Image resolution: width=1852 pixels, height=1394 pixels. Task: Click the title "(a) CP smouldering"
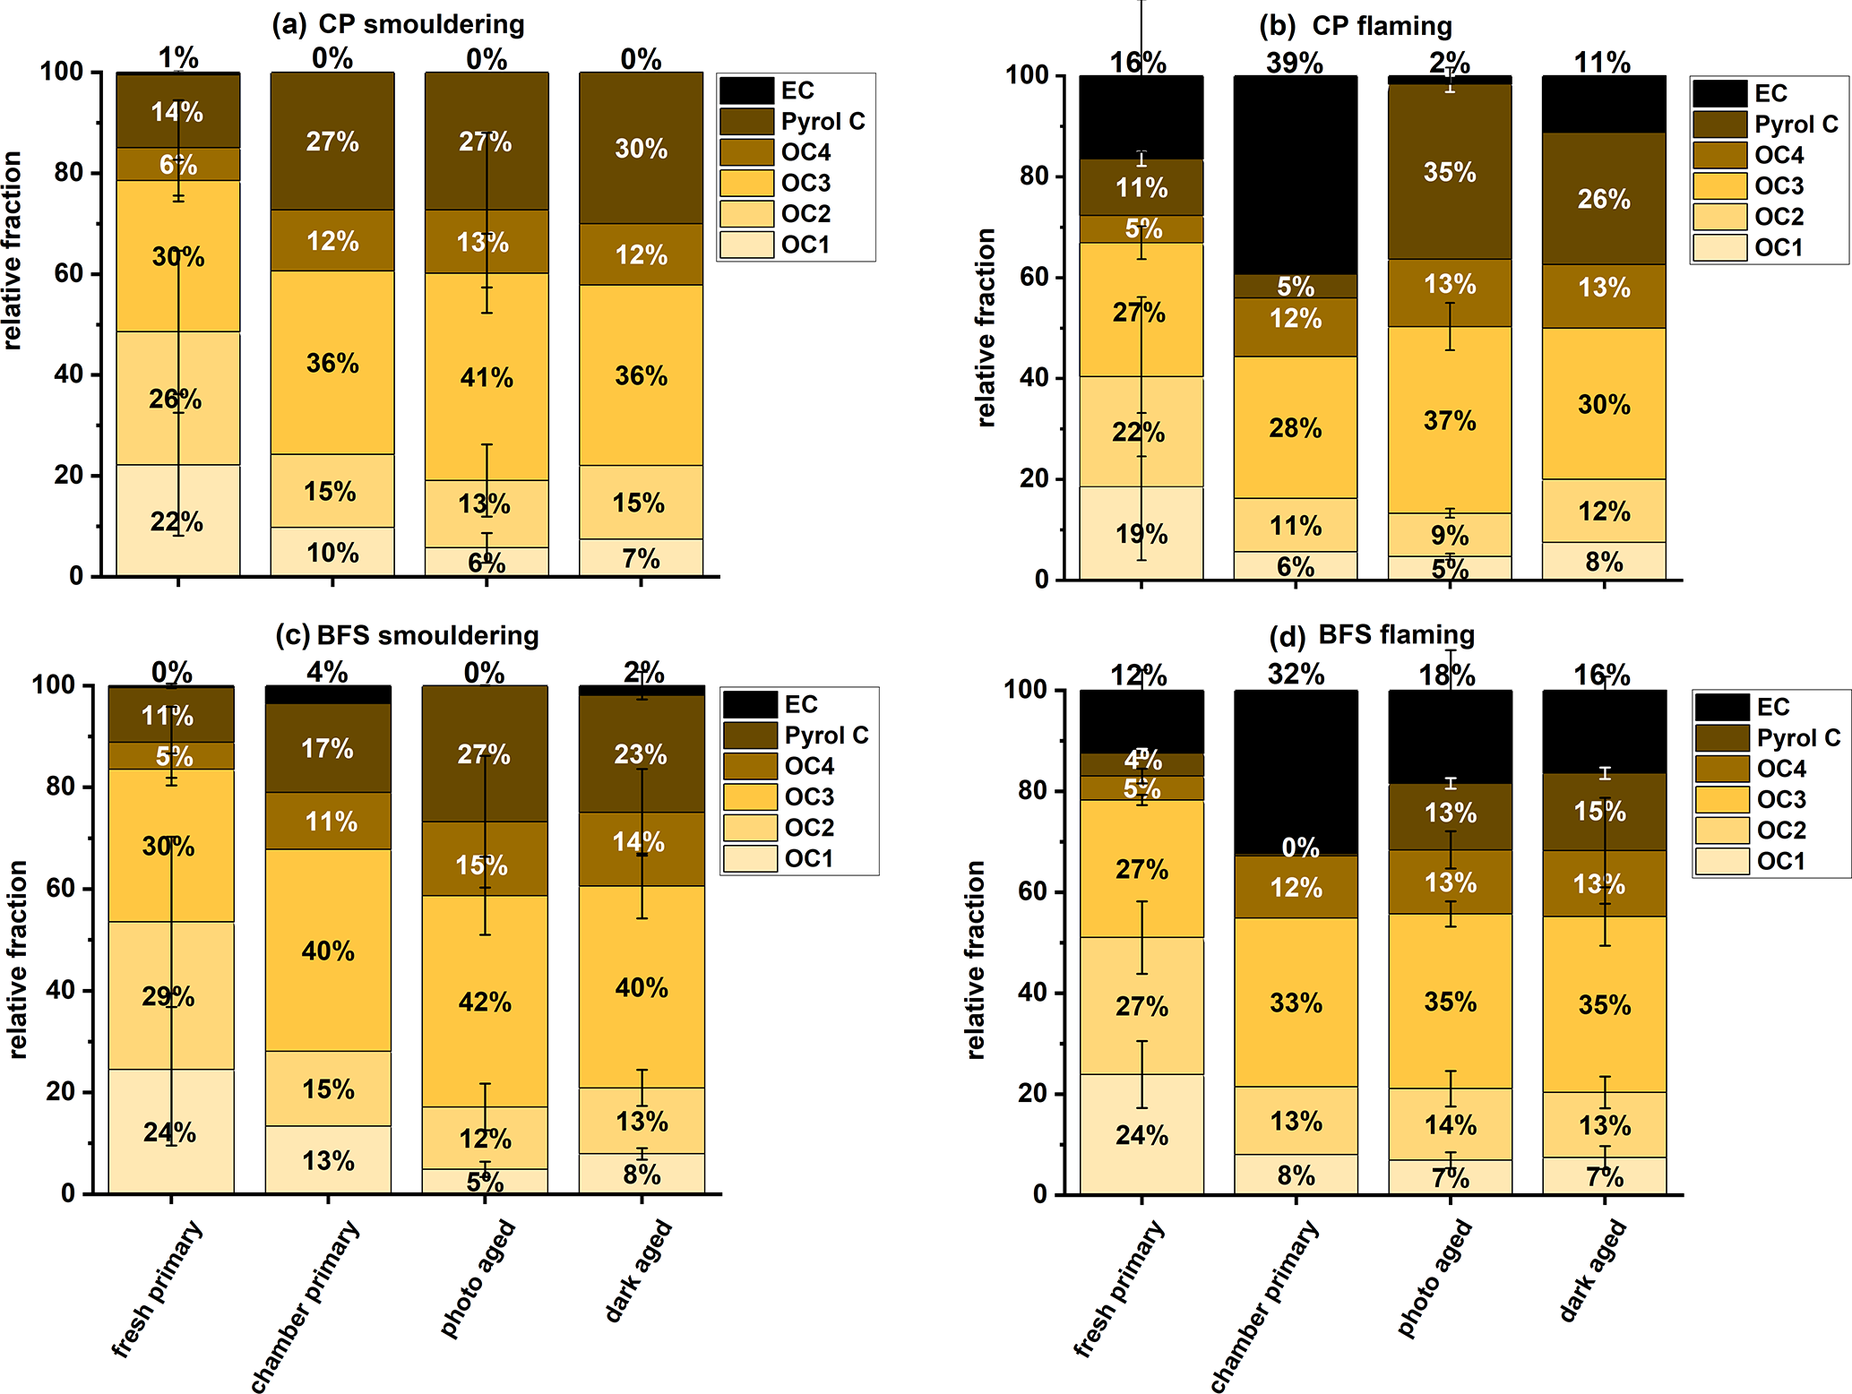pos(398,24)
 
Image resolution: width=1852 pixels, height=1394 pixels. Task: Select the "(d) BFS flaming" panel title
pos(1372,635)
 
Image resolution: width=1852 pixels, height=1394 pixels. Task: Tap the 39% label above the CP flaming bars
pos(1295,63)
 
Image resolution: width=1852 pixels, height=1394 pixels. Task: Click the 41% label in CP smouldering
pos(487,378)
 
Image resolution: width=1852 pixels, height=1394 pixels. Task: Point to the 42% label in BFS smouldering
pos(485,1002)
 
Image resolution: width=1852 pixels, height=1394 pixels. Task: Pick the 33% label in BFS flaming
pos(1296,1002)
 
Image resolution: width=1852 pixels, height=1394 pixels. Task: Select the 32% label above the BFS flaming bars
pos(1296,674)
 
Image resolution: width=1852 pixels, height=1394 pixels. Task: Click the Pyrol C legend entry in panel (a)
pos(823,121)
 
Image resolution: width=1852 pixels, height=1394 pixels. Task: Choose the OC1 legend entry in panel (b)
pos(1778,247)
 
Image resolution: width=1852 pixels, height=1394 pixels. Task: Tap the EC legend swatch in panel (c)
pos(750,704)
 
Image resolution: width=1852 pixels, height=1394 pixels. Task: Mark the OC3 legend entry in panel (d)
pos(1780,799)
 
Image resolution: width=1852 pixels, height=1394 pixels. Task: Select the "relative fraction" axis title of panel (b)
pos(985,327)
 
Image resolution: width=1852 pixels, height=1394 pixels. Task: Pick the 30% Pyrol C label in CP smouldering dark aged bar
pos(641,149)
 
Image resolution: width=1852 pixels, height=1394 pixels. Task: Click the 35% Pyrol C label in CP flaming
pos(1450,172)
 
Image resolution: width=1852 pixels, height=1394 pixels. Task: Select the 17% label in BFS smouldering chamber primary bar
pos(327,749)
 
